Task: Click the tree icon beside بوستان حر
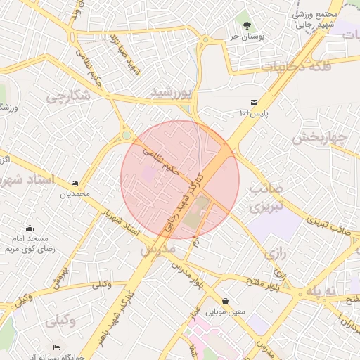point(246,25)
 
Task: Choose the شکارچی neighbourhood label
point(68,98)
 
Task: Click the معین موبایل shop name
point(226,311)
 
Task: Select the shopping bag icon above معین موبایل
point(225,301)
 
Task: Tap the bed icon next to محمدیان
point(75,184)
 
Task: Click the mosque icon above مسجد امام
point(30,229)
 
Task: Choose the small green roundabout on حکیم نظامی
point(127,134)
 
